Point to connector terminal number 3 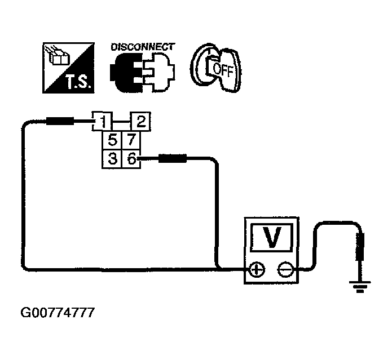click(x=113, y=158)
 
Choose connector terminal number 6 click(x=130, y=158)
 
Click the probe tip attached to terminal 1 click(x=59, y=120)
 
